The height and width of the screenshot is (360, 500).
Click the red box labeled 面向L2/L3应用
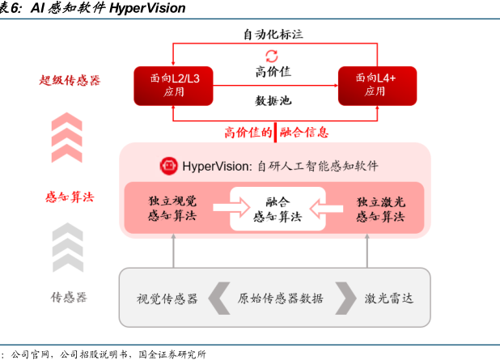(x=173, y=86)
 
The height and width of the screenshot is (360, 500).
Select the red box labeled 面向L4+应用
(x=377, y=86)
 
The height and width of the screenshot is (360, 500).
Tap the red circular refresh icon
(x=272, y=56)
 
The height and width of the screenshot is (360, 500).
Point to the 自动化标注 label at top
(x=273, y=34)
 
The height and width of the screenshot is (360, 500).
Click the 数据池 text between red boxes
(x=273, y=100)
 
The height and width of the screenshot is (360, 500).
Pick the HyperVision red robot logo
(x=168, y=166)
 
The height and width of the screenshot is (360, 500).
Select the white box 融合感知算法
(x=278, y=209)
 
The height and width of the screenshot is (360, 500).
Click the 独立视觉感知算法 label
(x=172, y=208)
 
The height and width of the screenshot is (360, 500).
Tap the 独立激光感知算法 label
(x=380, y=210)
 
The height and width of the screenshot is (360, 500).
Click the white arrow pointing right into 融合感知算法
(x=231, y=208)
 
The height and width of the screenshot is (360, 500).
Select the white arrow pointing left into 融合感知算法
(x=326, y=209)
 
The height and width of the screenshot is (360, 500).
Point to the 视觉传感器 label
(x=167, y=299)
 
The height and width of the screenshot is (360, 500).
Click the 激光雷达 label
(x=389, y=299)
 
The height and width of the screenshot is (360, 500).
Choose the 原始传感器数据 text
(x=280, y=299)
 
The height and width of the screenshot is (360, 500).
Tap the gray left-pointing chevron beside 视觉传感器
(x=219, y=299)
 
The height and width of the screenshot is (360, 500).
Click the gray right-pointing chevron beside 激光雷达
(x=345, y=299)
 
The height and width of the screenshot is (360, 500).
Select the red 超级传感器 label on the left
(x=70, y=80)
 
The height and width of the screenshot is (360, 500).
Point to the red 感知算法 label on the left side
(x=70, y=197)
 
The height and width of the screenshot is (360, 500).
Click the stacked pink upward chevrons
(x=67, y=138)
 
